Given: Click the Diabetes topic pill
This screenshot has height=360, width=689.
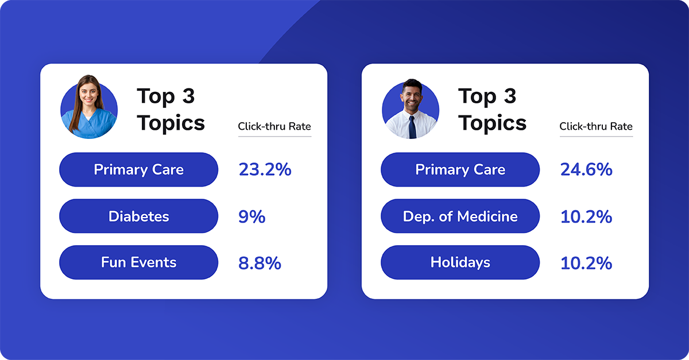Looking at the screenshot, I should (x=138, y=216).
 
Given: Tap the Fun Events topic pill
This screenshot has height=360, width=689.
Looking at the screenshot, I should (x=138, y=262).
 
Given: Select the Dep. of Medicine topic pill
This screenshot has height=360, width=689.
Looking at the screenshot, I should (x=460, y=216).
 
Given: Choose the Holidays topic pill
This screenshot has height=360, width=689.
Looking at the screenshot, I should (x=460, y=262).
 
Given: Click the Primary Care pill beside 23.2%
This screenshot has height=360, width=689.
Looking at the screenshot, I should (x=138, y=170).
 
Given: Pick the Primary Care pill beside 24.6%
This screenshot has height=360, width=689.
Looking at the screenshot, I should (x=460, y=170).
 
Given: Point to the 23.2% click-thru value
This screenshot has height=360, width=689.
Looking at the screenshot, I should (x=265, y=170).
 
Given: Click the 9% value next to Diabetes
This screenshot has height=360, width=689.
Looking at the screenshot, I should (x=251, y=216).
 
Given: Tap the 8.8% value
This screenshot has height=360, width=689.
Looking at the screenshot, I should (x=260, y=263).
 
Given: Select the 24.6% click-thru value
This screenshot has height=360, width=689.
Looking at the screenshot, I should (x=586, y=170).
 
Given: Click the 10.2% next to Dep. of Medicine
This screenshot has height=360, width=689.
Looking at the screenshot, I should (x=586, y=216).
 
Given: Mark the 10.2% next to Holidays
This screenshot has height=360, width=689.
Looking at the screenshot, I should (x=586, y=263).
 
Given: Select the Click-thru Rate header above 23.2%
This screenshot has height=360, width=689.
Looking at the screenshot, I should (x=274, y=126).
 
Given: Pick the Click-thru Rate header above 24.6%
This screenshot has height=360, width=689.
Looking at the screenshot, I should (x=596, y=126).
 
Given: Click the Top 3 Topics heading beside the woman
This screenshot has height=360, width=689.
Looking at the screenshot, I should (x=171, y=110).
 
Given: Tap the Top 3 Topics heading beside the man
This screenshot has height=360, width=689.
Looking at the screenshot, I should (x=492, y=110).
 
